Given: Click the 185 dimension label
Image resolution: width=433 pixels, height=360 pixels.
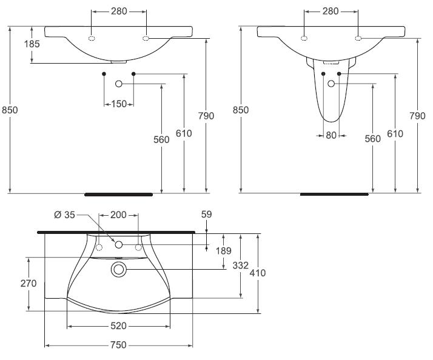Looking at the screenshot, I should tap(15, 44).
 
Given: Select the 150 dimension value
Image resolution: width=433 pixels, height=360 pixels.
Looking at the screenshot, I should tap(119, 104).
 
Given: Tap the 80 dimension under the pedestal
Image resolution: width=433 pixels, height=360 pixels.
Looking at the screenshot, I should tap(331, 136).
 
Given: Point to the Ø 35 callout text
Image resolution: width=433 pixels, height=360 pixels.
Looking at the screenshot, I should tap(65, 214).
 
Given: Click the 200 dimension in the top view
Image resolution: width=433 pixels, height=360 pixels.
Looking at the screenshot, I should tap(118, 215).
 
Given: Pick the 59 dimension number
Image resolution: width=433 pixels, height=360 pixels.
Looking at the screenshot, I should tap(207, 214).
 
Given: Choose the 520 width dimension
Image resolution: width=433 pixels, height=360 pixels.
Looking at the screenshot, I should tap(118, 326).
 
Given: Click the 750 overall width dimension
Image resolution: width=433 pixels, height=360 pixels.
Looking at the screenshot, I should tap(118, 345).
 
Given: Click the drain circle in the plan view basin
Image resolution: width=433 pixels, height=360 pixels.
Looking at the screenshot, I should tap(118, 268).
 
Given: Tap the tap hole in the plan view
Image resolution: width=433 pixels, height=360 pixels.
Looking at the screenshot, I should tap(119, 245).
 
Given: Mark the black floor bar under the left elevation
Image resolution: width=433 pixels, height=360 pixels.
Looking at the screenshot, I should tap(118, 195).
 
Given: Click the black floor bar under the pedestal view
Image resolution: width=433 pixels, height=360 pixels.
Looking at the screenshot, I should tap(334, 195).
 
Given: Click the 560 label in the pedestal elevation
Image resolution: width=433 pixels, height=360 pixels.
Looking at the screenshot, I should tap(372, 139).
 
